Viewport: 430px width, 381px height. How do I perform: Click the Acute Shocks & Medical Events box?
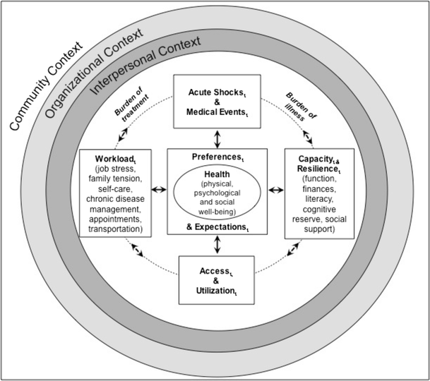[217, 102]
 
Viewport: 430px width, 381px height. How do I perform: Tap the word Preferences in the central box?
[217, 157]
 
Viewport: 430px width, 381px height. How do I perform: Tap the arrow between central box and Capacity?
[275, 190]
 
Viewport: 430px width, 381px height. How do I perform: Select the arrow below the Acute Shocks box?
[217, 138]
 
